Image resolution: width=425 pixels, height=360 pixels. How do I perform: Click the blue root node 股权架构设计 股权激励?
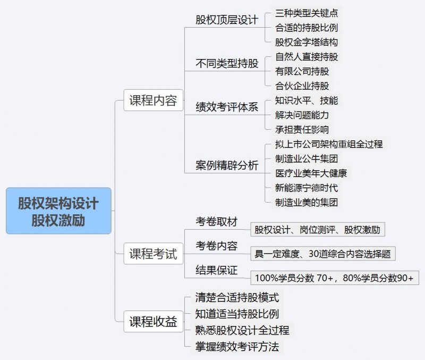coord(58,211)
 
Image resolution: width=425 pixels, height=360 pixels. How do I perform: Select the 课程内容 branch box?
coord(153,101)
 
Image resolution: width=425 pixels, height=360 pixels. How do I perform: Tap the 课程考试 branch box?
coord(153,254)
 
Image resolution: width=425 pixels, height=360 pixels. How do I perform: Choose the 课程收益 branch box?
coord(153,322)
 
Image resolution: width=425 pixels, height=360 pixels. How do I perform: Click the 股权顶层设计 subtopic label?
coord(227,20)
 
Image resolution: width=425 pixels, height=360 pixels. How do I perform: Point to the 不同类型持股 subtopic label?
coord(227,63)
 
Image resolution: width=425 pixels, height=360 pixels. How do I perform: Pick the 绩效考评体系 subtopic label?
coord(227,107)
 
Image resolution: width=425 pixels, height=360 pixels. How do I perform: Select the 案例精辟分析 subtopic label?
coord(227,165)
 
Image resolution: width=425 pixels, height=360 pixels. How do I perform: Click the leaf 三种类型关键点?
coord(307,13)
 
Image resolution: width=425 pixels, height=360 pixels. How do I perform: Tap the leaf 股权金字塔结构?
coord(307,42)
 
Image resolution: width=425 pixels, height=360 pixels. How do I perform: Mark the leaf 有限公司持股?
coord(302,71)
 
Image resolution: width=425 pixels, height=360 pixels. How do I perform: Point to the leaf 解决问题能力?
coord(302,115)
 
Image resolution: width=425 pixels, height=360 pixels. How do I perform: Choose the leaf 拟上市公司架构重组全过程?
coord(329,144)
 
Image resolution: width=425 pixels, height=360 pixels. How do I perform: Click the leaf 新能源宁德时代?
coord(307,188)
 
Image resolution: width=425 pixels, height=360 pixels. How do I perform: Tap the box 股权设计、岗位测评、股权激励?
coord(318,230)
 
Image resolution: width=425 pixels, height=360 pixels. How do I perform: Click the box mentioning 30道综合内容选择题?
coord(322,254)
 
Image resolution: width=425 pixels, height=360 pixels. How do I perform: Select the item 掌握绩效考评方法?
coord(236,347)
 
